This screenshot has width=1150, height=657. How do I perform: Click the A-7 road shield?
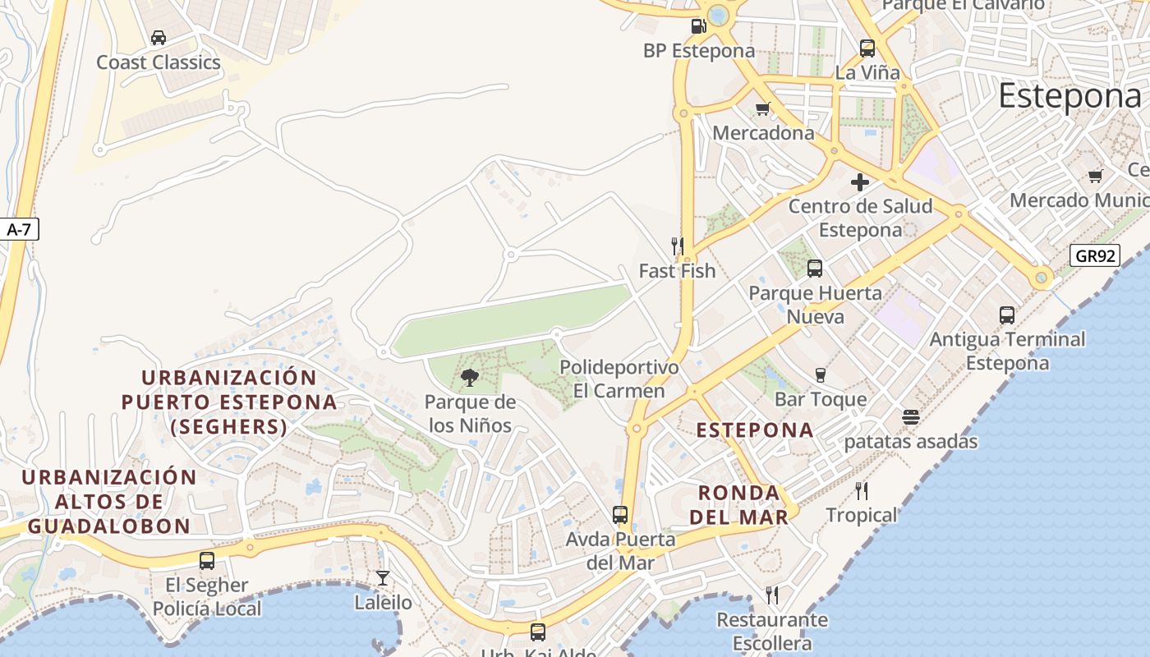click(x=18, y=230)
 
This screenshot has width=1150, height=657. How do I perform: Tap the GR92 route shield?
click(x=1096, y=255)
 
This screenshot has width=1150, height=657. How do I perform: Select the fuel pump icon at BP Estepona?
click(x=698, y=26)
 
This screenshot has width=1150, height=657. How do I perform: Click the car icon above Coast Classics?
click(x=159, y=38)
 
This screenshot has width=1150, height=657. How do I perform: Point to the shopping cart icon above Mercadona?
click(x=763, y=108)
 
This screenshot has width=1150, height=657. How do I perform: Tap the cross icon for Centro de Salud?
click(x=860, y=181)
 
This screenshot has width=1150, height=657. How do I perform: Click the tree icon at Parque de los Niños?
click(x=470, y=378)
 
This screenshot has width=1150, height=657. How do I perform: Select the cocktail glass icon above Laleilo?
click(x=383, y=578)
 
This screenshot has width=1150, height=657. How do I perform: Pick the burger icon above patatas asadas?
click(x=910, y=417)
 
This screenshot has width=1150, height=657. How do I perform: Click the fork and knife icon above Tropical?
click(x=862, y=491)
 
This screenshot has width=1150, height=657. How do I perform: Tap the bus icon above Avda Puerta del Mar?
click(x=620, y=515)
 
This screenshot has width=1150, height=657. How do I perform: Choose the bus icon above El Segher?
click(x=207, y=561)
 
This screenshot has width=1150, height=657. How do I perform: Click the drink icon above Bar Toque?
click(x=820, y=375)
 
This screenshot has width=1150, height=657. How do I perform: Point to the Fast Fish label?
click(x=677, y=271)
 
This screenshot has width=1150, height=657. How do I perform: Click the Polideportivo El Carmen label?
click(x=619, y=379)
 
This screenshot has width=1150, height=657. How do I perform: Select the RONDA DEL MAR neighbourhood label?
click(x=738, y=504)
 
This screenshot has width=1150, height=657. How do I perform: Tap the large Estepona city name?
click(x=1069, y=96)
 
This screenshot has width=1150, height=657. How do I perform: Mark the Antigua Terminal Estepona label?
click(x=1007, y=351)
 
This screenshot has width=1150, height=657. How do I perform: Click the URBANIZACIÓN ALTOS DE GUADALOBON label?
click(x=109, y=502)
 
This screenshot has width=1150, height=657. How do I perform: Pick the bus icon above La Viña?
click(x=867, y=48)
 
